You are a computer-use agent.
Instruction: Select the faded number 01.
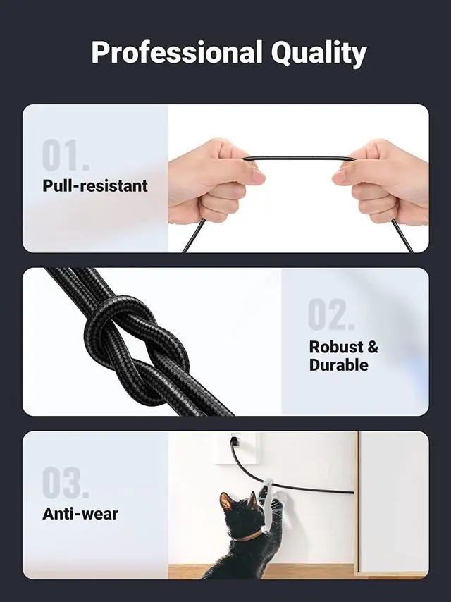click(66, 156)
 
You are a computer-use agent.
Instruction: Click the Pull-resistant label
click(95, 187)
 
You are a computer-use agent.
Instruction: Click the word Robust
click(337, 347)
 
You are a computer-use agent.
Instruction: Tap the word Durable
click(338, 365)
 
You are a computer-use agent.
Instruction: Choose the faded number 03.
click(66, 484)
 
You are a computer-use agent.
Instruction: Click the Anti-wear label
click(80, 514)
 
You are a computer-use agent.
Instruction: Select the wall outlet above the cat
click(235, 447)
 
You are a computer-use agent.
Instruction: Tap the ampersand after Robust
click(373, 347)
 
